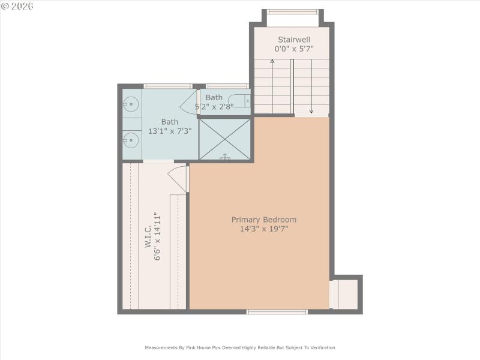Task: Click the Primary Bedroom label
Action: point(264,220)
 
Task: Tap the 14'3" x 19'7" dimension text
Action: point(264,229)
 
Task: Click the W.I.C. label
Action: point(146,238)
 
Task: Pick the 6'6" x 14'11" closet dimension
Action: point(158,236)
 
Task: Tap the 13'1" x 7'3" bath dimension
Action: point(170,131)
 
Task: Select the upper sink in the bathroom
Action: point(130,105)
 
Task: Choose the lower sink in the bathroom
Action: point(130,140)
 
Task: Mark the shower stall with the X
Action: point(225,139)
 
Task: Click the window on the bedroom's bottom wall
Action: point(277,311)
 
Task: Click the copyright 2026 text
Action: point(17,5)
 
